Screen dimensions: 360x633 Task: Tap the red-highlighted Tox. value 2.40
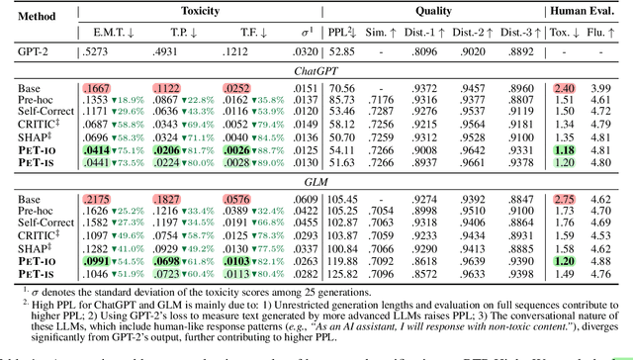tap(566, 87)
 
